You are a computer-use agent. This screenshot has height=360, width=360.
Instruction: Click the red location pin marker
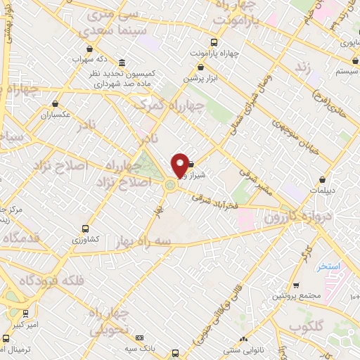[180, 165]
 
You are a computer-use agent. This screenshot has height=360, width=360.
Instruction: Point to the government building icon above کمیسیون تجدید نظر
[122, 62]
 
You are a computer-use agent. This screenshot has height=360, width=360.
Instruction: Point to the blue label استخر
[328, 267]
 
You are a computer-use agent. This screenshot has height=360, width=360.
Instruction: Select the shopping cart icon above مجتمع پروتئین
[295, 285]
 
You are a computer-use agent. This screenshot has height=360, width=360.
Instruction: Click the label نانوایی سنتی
[243, 349]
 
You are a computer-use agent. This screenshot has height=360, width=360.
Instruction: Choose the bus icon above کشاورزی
[86, 229]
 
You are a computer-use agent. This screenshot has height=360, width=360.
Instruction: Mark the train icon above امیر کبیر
[27, 314]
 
